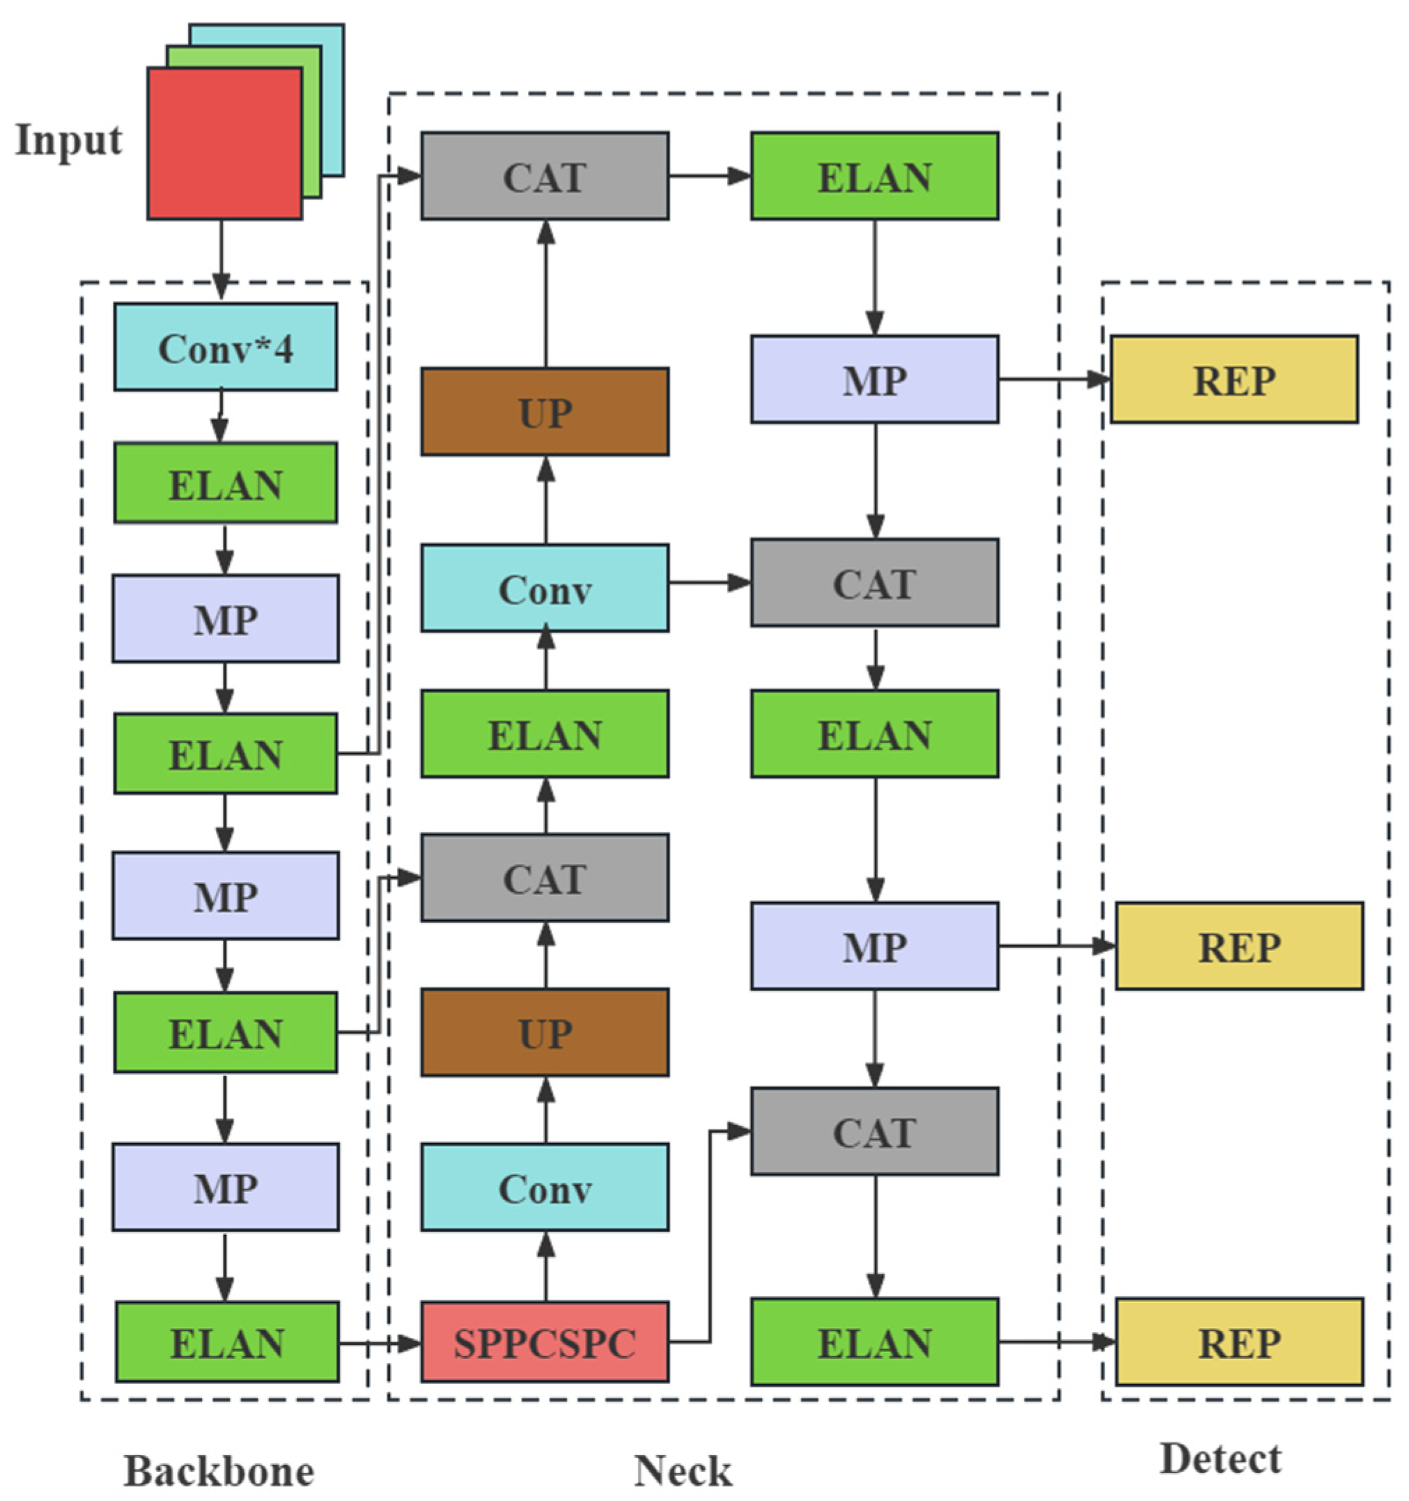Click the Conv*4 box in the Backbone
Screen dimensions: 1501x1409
(x=225, y=348)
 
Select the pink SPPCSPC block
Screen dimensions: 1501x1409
(x=545, y=1341)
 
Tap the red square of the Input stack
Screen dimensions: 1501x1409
(x=224, y=143)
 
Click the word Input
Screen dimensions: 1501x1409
(x=68, y=141)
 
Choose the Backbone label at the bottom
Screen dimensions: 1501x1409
(x=218, y=1471)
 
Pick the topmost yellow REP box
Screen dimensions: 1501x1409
(x=1233, y=379)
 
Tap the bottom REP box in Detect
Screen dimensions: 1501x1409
(x=1239, y=1341)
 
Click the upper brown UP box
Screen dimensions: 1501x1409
(x=545, y=412)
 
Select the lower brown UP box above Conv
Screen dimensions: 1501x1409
(x=545, y=1032)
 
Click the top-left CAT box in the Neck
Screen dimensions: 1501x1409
(x=545, y=176)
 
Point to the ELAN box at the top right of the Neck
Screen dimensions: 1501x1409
(x=874, y=176)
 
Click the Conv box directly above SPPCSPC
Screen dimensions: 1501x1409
(x=545, y=1188)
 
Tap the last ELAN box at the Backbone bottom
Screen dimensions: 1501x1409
(x=226, y=1341)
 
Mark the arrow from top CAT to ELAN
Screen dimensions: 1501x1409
(x=710, y=176)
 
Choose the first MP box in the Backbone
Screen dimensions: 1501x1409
(x=225, y=619)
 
